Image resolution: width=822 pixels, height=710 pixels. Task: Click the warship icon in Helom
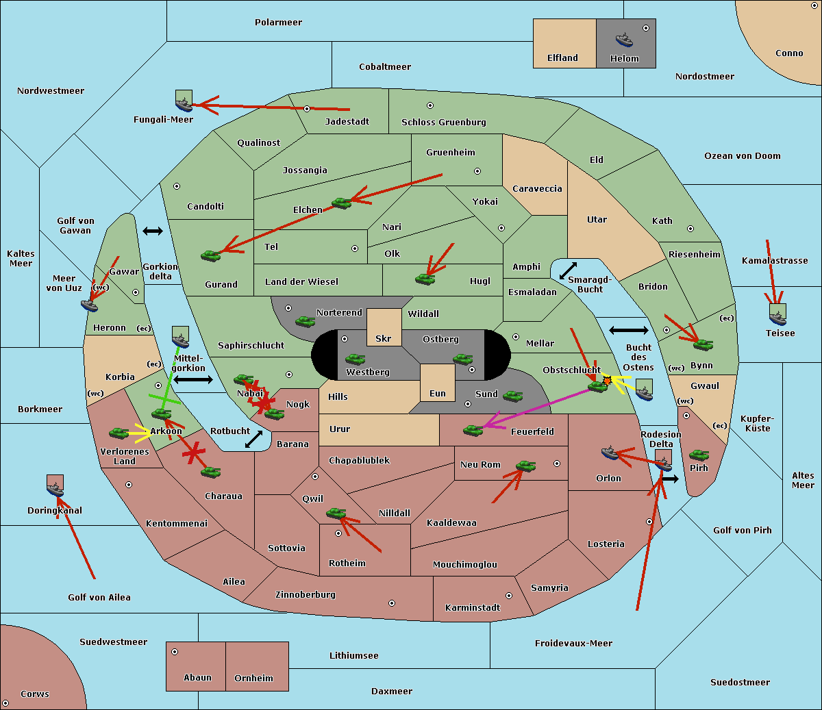pos(624,40)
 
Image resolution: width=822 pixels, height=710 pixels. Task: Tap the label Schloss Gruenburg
pos(444,123)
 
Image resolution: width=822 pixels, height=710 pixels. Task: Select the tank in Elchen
pos(342,203)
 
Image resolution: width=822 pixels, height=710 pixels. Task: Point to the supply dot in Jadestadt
pos(307,109)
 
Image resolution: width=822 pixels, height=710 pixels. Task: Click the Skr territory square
pos(384,327)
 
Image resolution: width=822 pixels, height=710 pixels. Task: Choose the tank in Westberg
pos(355,359)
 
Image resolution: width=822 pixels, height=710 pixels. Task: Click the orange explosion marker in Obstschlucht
pos(607,381)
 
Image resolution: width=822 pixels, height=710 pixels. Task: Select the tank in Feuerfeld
pos(473,430)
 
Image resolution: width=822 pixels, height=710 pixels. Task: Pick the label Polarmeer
pos(278,23)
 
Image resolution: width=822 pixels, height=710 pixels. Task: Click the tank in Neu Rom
pos(525,466)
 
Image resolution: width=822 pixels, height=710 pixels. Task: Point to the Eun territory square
pos(438,383)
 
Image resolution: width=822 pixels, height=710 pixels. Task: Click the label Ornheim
pos(253,679)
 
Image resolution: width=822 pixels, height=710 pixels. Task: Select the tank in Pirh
pos(699,455)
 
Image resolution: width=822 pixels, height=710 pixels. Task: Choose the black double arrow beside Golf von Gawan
pos(153,231)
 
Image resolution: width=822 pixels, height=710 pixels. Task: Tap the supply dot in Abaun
pos(175,652)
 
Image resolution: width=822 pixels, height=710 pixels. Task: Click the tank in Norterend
pos(305,321)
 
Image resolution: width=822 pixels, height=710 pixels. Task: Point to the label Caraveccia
pos(537,188)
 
